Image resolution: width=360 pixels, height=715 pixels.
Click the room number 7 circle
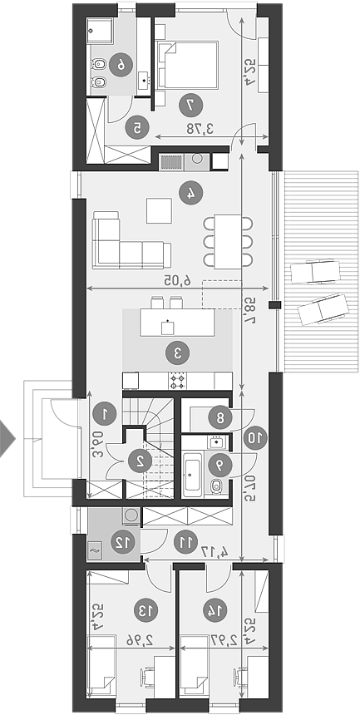coord(191,105)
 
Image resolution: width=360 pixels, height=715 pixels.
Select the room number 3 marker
coord(177,353)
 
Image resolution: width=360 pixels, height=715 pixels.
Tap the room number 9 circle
coord(220,465)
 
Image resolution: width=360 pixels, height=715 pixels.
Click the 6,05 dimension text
coord(178,281)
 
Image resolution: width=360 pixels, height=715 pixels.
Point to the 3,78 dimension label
coord(200,129)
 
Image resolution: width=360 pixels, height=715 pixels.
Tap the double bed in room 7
coord(188,64)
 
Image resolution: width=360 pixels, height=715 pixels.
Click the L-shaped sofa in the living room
coord(131,239)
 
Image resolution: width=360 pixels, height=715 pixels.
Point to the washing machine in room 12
coord(132,515)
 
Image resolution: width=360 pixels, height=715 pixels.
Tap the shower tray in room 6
coord(101,32)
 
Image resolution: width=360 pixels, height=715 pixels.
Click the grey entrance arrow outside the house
coord(7,439)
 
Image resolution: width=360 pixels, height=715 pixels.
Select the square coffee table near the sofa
coord(160,210)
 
